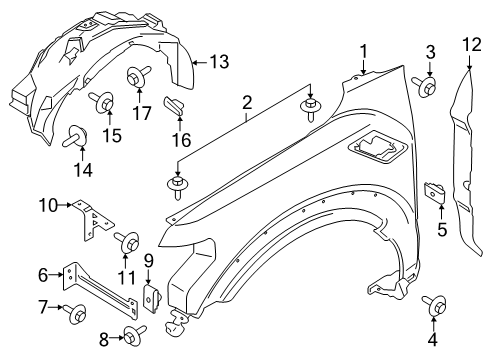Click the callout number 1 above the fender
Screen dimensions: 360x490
(364, 50)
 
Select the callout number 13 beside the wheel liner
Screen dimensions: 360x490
(217, 62)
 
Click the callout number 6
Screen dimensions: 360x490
(43, 273)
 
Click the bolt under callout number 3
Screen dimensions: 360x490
(428, 88)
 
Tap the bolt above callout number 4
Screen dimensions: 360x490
(436, 304)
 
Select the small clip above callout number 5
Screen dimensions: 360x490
(437, 191)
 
